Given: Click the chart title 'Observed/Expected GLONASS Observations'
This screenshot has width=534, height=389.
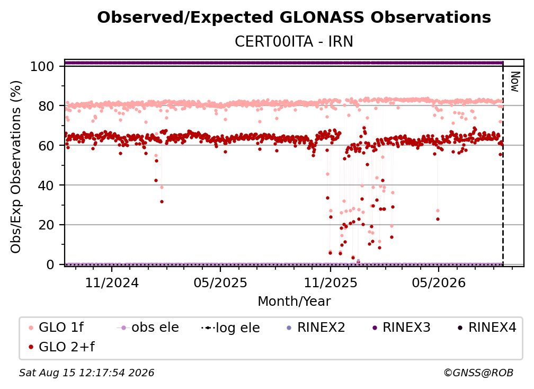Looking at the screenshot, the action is click(294, 17).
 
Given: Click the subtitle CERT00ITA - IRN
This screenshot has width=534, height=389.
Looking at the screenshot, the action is click(294, 41).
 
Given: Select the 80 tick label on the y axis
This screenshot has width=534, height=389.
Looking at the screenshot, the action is click(46, 106).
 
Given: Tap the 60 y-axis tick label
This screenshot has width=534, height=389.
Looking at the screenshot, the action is click(46, 146).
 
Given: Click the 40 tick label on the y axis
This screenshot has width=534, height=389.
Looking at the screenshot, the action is click(46, 185).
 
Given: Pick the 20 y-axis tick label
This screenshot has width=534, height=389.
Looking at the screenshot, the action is click(46, 225).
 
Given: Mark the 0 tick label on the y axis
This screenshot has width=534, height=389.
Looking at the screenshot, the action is click(50, 264).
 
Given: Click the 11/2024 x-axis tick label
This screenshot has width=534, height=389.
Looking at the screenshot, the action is click(112, 282).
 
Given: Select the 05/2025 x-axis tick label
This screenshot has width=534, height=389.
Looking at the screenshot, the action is click(220, 282).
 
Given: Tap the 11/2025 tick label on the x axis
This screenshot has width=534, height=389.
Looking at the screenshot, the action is click(330, 282).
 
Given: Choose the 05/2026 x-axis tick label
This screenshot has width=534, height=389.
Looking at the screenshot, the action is click(438, 282).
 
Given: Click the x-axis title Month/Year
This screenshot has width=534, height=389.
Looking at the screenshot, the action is click(294, 302).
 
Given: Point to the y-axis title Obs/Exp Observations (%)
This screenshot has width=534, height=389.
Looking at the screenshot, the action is click(16, 167).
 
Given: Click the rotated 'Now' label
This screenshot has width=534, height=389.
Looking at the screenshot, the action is click(515, 82).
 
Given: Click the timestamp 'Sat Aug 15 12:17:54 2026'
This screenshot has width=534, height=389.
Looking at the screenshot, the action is click(86, 373).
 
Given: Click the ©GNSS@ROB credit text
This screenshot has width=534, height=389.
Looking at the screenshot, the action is click(478, 373).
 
